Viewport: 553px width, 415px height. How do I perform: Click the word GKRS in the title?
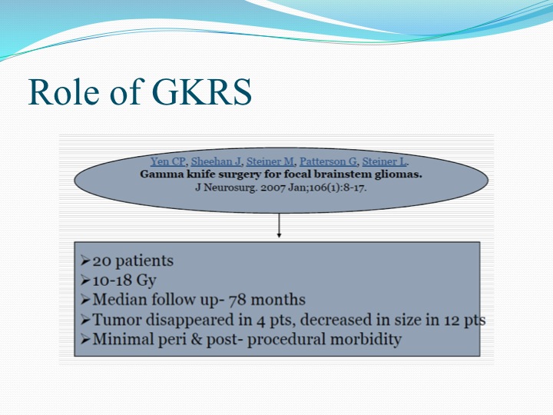[202, 91]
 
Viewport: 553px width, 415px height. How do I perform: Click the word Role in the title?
[64, 91]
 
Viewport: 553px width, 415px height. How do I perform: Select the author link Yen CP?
[168, 161]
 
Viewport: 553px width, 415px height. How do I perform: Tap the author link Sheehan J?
[216, 161]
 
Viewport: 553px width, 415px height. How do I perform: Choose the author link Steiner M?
[270, 161]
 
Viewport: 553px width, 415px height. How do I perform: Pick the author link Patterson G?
[329, 161]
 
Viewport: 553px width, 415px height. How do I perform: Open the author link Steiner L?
[385, 161]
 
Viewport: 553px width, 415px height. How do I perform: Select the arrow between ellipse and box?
[279, 225]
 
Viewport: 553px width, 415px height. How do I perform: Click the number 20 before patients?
[102, 261]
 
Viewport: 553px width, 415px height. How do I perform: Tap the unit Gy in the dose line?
[146, 281]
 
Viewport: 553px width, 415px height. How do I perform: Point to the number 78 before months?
[238, 300]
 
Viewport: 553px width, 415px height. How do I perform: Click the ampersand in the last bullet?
[197, 339]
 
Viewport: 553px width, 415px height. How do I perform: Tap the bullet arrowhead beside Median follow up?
[85, 300]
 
